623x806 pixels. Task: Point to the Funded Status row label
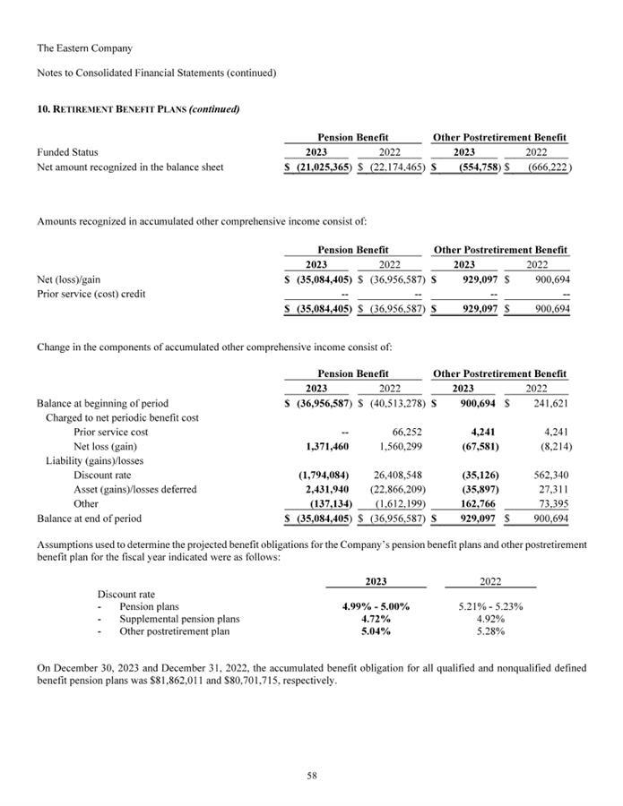pyautogui.click(x=67, y=152)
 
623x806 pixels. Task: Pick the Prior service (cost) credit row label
pyautogui.click(x=91, y=294)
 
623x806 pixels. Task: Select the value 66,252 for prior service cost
pyautogui.click(x=407, y=432)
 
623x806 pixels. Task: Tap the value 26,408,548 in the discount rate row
pyautogui.click(x=394, y=475)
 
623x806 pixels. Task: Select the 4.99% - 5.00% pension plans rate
pyautogui.click(x=376, y=606)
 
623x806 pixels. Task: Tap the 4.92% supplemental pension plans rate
pyautogui.click(x=490, y=619)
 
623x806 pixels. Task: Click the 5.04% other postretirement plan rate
pyautogui.click(x=376, y=631)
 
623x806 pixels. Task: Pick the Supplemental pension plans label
pyautogui.click(x=179, y=619)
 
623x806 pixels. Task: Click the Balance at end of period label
pyautogui.click(x=89, y=518)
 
